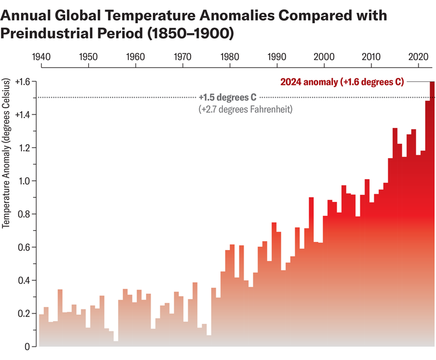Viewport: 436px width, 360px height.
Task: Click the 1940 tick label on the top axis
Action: (41, 57)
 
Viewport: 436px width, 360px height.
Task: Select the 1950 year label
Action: (88, 57)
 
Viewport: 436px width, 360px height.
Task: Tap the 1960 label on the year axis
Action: (135, 57)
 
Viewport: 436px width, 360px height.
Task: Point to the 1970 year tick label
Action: (183, 57)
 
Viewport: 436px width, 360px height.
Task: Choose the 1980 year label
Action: (230, 57)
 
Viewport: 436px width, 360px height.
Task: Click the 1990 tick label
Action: (277, 57)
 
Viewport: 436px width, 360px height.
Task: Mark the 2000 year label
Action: (324, 57)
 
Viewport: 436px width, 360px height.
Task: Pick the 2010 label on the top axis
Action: (371, 57)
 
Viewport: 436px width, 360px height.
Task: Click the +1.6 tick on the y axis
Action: (22, 81)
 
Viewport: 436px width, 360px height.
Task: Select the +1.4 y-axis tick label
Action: (22, 115)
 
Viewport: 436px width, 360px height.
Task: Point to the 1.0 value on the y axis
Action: (23, 181)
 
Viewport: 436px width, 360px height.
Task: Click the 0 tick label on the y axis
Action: (27, 347)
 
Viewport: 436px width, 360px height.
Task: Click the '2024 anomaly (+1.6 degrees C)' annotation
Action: (342, 82)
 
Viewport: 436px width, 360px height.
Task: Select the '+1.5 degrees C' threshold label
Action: (227, 97)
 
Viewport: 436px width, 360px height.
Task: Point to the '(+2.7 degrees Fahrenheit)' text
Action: (245, 109)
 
